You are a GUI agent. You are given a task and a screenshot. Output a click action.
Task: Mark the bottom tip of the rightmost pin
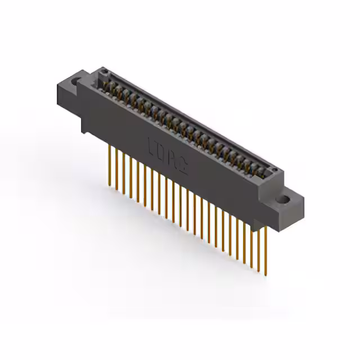coord(266,275)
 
